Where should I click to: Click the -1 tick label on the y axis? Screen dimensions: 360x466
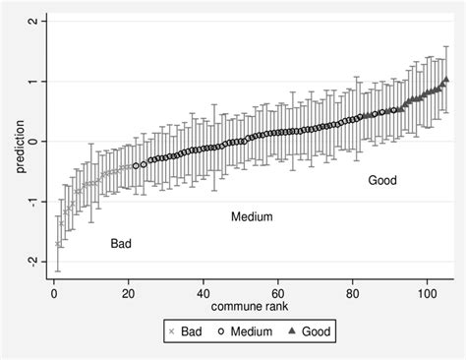[32, 202]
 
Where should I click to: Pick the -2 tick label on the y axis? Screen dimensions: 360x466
[32, 262]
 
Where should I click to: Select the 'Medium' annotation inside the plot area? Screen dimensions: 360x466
[251, 216]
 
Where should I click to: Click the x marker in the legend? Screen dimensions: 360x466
[173, 333]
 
